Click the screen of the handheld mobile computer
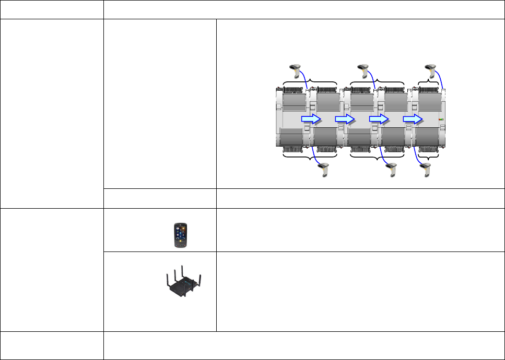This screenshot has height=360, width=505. point(180,232)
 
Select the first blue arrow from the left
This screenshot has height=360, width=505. point(311,119)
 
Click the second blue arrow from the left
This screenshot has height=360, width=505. point(345,119)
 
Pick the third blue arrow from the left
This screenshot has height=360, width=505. point(379,119)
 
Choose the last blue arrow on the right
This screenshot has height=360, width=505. point(413,119)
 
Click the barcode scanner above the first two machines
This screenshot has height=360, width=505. point(296,68)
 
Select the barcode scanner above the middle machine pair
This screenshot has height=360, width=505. point(363,68)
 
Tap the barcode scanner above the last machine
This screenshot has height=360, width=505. point(431,68)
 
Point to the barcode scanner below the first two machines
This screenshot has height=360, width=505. point(325,170)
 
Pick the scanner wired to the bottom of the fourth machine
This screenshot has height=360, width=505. point(392,170)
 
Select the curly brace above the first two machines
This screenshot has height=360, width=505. point(310,81)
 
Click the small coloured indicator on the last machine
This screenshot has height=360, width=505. point(441,119)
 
